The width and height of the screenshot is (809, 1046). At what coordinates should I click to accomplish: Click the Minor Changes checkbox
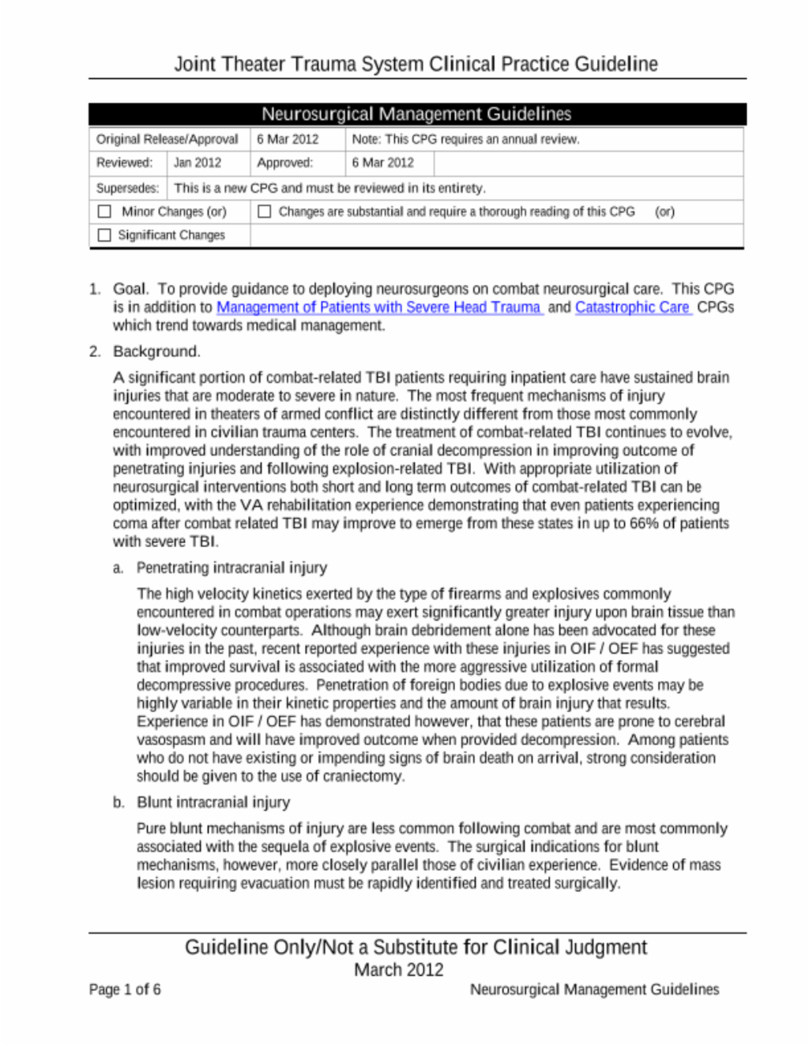point(104,212)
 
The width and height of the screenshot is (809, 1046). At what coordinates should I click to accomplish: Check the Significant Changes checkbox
point(104,235)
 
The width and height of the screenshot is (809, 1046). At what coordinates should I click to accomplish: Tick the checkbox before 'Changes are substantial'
point(265,212)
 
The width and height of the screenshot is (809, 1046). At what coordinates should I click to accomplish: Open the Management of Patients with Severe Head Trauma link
point(378,307)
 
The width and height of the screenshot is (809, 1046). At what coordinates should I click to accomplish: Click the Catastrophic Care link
point(632,307)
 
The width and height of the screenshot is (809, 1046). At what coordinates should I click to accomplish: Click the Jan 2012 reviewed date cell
point(198,163)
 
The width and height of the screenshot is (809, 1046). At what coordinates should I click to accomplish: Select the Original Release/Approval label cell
point(167,139)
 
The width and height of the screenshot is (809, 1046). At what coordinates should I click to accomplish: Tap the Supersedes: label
point(127,188)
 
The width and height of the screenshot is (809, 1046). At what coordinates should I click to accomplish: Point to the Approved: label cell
point(284,163)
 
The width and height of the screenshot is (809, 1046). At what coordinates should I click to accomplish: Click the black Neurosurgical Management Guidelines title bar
point(416,114)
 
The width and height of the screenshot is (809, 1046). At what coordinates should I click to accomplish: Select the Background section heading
point(156,351)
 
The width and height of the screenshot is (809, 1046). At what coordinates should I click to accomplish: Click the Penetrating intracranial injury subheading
point(231,568)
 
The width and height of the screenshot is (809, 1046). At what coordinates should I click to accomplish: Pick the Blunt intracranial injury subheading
point(213,802)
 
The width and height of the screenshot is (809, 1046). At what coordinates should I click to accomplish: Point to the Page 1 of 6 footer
point(125,989)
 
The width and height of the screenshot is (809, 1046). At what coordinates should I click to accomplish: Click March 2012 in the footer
point(399,969)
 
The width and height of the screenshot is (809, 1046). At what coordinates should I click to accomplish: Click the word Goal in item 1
point(130,289)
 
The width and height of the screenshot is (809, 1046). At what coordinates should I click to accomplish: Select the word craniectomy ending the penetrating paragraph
point(365,776)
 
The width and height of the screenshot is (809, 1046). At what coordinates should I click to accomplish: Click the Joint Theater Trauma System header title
point(416,64)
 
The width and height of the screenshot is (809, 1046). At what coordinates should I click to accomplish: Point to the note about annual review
point(465,139)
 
